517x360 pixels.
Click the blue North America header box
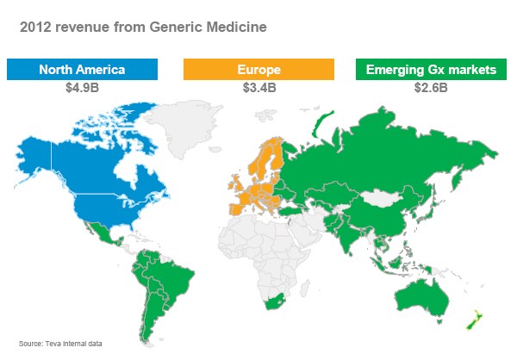point(82,69)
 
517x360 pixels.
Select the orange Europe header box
point(258,69)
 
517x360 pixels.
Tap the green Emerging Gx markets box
point(432,69)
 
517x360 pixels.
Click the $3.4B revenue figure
point(258,87)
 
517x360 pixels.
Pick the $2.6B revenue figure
point(432,87)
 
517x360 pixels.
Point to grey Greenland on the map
point(194,129)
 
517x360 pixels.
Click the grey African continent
point(258,250)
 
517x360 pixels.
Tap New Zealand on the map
point(471,320)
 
